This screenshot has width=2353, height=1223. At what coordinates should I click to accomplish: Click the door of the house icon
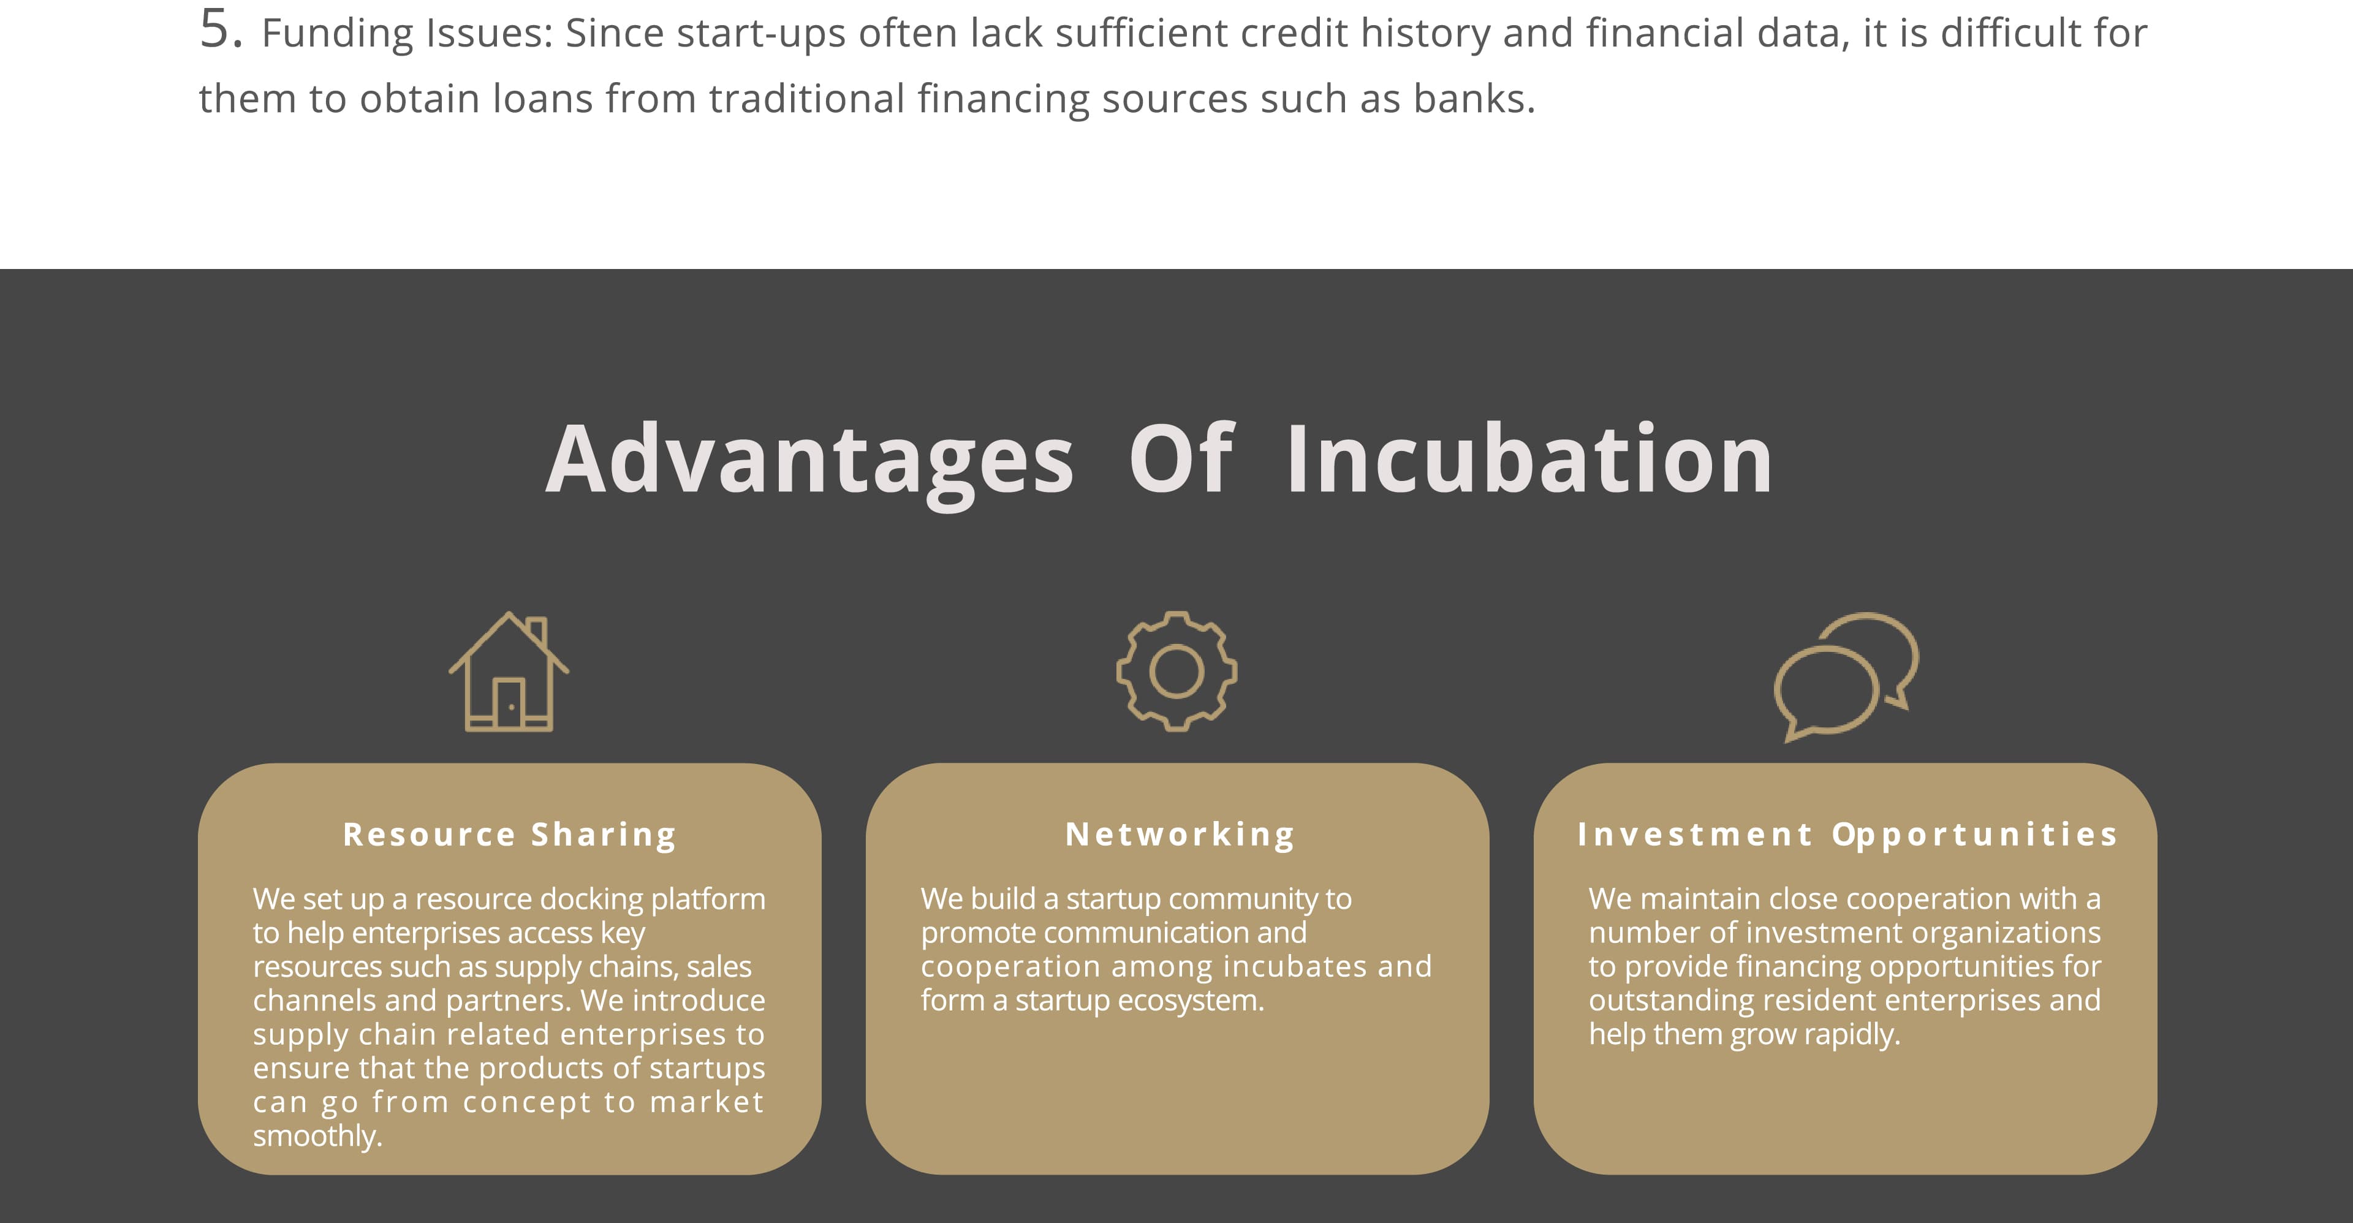click(509, 703)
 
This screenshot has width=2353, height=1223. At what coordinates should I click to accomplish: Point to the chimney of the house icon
click(538, 630)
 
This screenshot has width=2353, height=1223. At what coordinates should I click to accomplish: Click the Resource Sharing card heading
click(510, 835)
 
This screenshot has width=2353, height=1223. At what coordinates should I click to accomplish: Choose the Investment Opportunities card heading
click(1847, 835)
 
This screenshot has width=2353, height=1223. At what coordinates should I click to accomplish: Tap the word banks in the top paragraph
click(1474, 99)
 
